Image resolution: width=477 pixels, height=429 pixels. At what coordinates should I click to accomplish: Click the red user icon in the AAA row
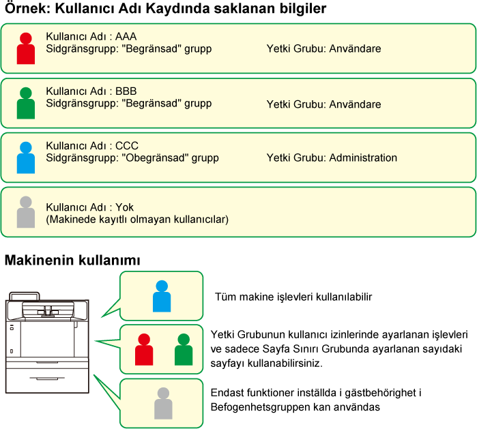[x=25, y=48]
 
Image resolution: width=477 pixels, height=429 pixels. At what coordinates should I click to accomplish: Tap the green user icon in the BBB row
[x=25, y=103]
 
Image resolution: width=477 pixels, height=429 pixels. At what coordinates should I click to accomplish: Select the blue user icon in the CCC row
[x=25, y=158]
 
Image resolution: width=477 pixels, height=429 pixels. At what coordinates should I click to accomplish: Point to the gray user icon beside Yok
[x=25, y=212]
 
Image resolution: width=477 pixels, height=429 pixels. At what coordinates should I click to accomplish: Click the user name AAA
[x=127, y=36]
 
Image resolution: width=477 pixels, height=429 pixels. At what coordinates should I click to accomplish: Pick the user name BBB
[x=127, y=91]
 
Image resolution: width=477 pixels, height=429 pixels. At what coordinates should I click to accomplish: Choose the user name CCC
[x=127, y=145]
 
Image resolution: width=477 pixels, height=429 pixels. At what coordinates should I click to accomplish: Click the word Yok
[x=124, y=207]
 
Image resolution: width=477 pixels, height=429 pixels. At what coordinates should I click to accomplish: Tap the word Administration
[x=363, y=158]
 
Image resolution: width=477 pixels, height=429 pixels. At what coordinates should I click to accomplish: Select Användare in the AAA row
[x=355, y=49]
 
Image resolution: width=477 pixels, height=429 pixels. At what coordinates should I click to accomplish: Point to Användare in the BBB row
[x=355, y=104]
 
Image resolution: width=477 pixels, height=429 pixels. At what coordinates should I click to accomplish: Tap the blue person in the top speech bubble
[x=162, y=296]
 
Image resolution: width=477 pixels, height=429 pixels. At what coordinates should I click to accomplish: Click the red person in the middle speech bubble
[x=144, y=350]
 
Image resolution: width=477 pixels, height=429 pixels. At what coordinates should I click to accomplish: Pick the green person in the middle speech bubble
[x=183, y=350]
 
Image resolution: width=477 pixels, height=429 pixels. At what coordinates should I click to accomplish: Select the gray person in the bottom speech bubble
[x=163, y=403]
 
